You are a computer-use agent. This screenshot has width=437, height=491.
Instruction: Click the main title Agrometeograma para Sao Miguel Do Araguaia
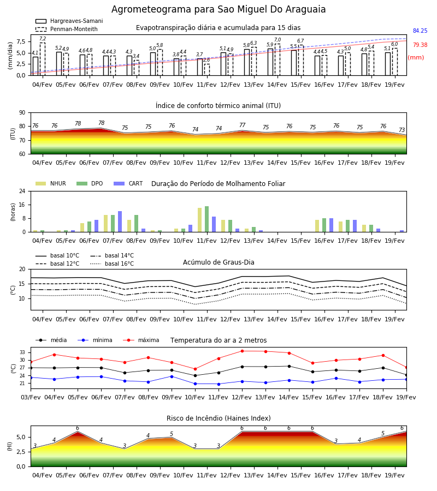tap(218, 9)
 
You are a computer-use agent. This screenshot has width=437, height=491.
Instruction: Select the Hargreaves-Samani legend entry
tap(69, 21)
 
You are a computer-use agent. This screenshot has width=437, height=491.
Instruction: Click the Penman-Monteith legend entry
tap(67, 29)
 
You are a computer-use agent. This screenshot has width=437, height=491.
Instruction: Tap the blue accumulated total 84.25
tap(420, 31)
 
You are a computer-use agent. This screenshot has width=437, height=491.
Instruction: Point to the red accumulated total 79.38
tap(420, 45)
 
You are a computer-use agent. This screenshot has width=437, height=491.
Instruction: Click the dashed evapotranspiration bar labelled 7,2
tap(43, 59)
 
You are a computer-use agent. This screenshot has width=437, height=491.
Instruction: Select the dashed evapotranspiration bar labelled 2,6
tap(207, 69)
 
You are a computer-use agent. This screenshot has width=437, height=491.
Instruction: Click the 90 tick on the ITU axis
tap(22, 113)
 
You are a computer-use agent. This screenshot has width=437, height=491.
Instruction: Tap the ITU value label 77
tap(243, 125)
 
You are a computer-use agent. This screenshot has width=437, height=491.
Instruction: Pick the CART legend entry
tap(128, 183)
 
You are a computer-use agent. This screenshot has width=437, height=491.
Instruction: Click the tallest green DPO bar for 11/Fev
tap(207, 219)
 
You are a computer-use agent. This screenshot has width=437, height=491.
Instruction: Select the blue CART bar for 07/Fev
tap(120, 221)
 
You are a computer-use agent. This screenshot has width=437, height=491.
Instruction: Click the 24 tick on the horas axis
tap(22, 191)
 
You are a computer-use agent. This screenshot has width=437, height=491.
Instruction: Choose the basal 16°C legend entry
tap(112, 264)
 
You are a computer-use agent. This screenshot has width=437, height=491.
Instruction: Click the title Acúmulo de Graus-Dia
tap(218, 262)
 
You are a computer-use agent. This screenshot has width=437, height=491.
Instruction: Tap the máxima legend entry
tap(141, 340)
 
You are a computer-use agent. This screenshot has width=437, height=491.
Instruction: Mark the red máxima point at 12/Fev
tap(243, 351)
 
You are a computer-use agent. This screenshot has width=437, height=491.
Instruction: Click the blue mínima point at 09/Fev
tap(172, 376)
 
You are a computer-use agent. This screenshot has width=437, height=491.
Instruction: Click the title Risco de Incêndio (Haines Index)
tap(218, 418)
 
